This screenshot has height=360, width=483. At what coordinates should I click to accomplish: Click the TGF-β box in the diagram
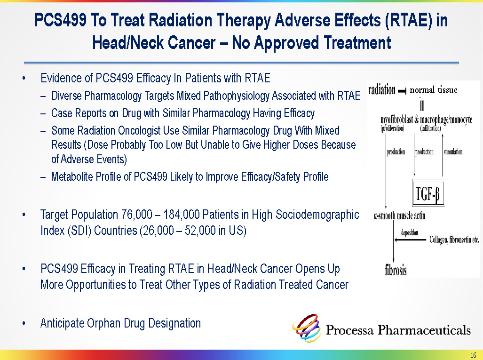point(428,192)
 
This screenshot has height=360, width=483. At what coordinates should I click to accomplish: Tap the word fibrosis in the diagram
point(396,270)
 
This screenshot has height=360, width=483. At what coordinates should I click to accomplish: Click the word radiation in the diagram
point(382,90)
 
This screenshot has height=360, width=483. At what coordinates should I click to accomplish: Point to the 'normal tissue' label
point(434,90)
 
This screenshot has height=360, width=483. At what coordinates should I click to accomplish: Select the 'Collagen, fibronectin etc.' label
point(454,240)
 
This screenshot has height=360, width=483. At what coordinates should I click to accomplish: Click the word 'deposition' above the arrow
point(410,232)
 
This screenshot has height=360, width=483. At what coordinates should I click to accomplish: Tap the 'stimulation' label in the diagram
point(453,152)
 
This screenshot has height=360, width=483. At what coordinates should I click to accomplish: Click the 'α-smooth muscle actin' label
point(400,216)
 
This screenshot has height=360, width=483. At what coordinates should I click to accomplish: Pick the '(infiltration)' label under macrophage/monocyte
point(430,128)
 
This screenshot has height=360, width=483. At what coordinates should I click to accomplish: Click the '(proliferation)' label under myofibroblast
point(392,128)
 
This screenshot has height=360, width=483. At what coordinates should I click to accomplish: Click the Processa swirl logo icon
point(307,328)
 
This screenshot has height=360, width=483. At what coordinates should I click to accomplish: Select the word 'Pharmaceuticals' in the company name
point(424,330)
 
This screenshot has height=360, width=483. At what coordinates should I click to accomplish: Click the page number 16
point(473,355)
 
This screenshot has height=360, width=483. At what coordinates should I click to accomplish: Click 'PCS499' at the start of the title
point(60,20)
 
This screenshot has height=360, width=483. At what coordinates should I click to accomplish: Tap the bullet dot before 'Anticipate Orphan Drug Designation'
point(24,324)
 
